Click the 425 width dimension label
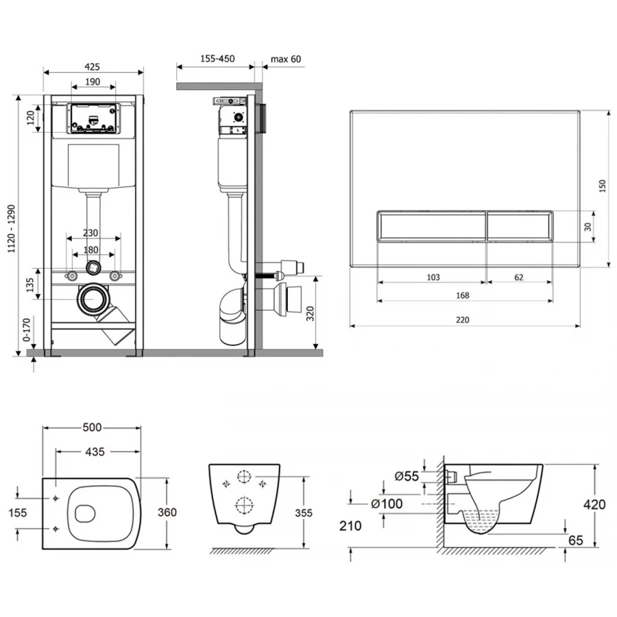tap(93, 66)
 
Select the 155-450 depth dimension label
tap(217, 59)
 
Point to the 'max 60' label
tap(285, 59)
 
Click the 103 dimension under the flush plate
tap(433, 278)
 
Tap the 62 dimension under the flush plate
tap(518, 278)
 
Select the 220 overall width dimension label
tap(464, 319)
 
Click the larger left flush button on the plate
tap(431, 226)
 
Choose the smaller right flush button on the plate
tap(520, 226)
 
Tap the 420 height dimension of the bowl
tap(594, 504)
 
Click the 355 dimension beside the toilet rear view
tap(313, 512)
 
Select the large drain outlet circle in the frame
tap(92, 298)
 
